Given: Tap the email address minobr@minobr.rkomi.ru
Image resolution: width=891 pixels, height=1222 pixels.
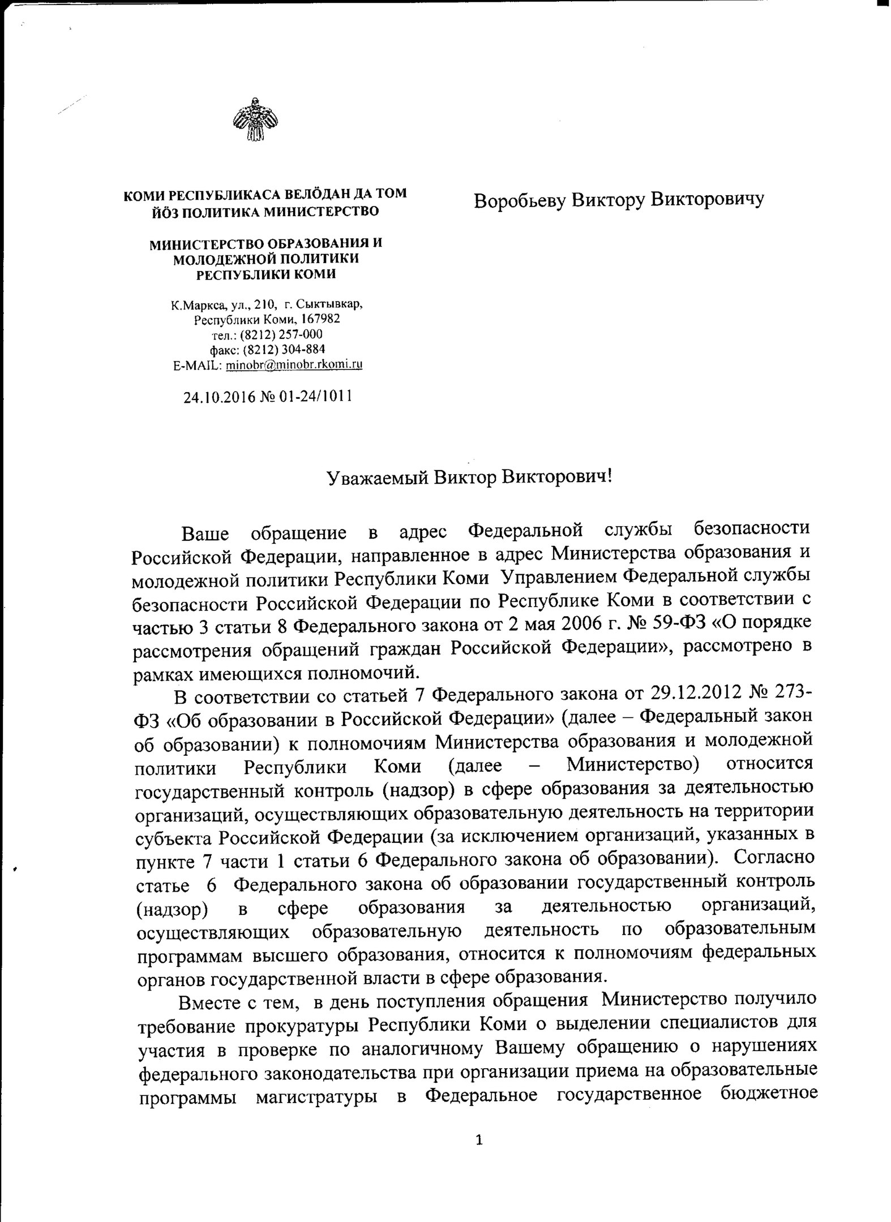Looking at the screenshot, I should pos(294,364).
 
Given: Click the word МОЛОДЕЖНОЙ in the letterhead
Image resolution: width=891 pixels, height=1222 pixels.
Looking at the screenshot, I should pos(225,259).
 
